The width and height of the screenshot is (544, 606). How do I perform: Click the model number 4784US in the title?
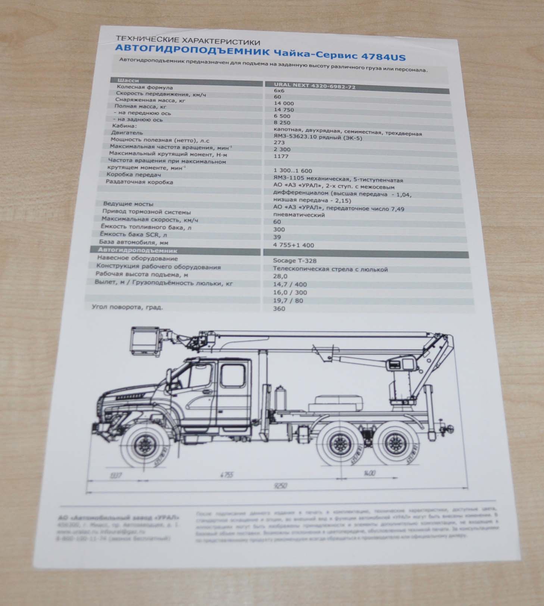click(384, 57)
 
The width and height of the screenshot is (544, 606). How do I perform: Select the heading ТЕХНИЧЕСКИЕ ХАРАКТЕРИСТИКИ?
click(188, 40)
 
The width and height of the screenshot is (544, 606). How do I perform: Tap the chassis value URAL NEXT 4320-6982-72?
click(315, 86)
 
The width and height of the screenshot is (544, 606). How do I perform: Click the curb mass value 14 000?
click(284, 103)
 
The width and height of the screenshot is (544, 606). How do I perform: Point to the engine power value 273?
click(279, 142)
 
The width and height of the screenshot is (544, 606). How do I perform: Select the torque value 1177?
click(281, 156)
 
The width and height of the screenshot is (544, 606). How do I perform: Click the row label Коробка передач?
click(134, 175)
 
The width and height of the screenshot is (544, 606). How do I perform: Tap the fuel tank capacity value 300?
click(279, 229)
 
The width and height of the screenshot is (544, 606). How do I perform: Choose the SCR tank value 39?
click(277, 237)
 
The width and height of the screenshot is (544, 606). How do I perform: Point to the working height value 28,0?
click(280, 276)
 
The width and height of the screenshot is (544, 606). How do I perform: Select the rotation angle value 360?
click(279, 308)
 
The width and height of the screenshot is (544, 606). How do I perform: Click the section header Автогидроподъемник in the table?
click(137, 251)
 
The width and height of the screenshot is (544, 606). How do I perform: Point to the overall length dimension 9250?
click(280, 486)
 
